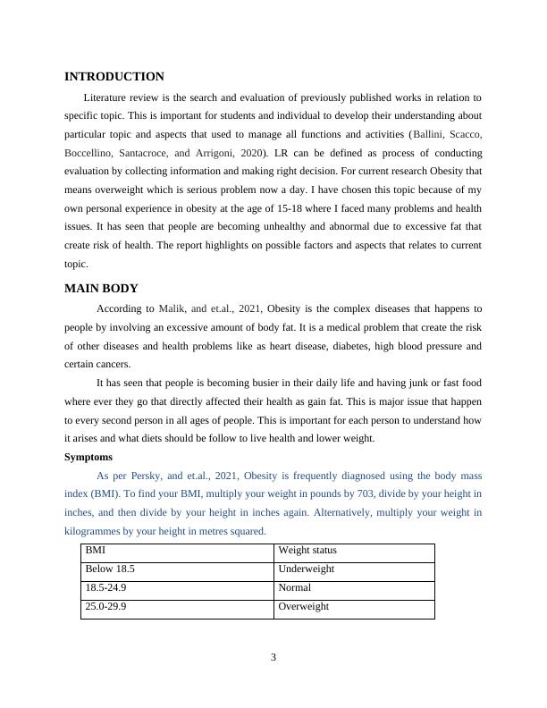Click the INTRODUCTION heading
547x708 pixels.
[114, 77]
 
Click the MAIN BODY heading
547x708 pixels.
[101, 289]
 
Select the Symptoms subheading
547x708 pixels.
[88, 457]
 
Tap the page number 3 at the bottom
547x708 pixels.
[273, 658]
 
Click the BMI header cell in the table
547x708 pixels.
[96, 551]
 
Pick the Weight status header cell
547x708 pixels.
[307, 551]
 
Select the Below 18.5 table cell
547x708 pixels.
[110, 569]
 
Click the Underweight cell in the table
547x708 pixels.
[306, 569]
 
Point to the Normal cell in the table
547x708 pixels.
[295, 588]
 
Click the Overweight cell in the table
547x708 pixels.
[304, 607]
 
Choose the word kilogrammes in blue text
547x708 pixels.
[95, 531]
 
